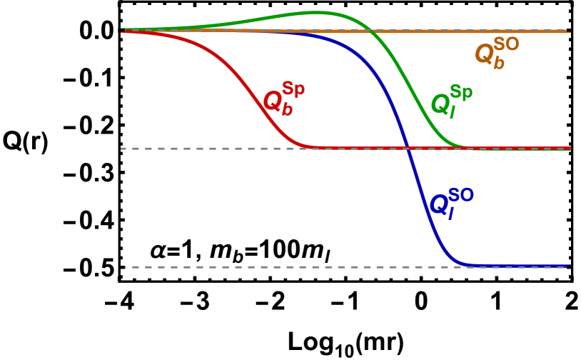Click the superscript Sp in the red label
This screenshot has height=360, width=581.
(x=293, y=89)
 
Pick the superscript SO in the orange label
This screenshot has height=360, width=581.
(x=506, y=44)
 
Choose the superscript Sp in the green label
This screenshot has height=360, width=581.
(x=461, y=93)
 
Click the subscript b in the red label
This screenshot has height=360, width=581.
(x=288, y=110)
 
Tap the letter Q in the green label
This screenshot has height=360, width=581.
(x=440, y=104)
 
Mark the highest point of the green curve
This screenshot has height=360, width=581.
(x=318, y=12)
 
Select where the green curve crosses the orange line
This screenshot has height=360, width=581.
(x=372, y=31)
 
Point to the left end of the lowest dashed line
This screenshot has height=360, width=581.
(x=126, y=267)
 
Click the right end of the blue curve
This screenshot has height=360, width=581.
(x=570, y=266)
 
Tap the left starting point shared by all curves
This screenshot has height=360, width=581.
(x=122, y=31)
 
